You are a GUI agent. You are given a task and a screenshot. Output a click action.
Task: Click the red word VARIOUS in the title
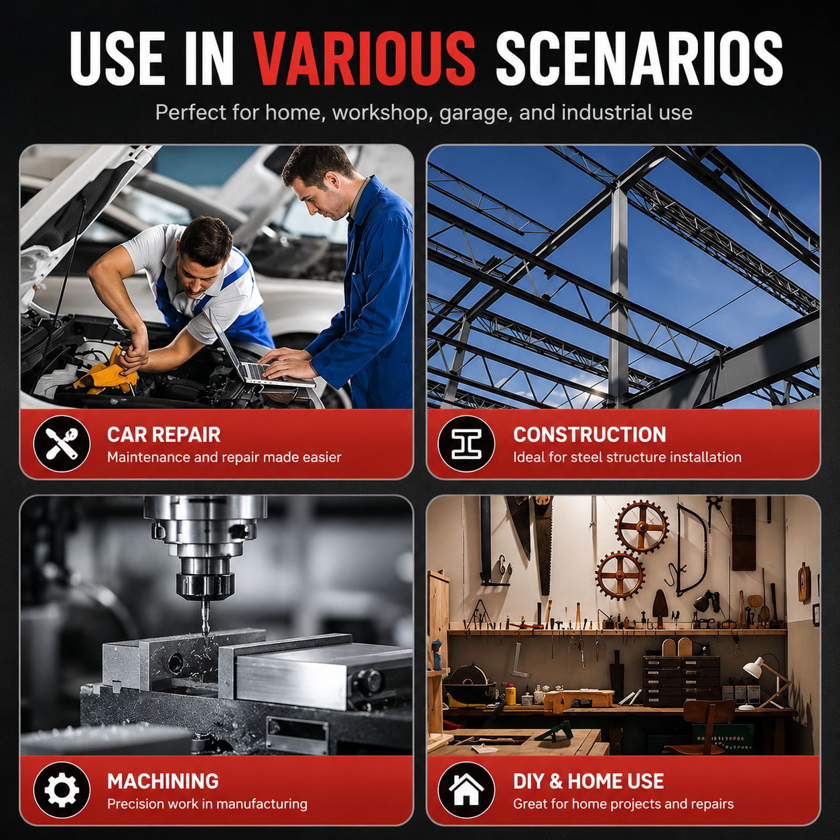(364, 58)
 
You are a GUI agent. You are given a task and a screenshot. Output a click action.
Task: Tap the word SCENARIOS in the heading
(639, 58)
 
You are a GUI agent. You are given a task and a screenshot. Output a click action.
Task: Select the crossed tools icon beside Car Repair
(62, 443)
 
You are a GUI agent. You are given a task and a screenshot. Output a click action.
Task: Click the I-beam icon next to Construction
(466, 443)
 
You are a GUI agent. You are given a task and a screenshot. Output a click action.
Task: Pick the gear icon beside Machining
(62, 790)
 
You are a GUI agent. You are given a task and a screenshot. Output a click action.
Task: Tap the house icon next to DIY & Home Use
(466, 790)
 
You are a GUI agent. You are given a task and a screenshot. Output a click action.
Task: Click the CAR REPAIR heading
(164, 435)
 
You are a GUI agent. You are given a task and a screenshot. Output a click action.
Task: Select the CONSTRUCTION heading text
(589, 435)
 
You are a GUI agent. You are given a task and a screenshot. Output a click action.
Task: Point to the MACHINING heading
(163, 781)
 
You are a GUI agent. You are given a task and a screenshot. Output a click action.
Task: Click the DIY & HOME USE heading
(589, 781)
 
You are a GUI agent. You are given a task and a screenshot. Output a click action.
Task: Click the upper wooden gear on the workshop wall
(642, 527)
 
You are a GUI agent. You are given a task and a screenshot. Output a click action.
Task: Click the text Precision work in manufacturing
(208, 804)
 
